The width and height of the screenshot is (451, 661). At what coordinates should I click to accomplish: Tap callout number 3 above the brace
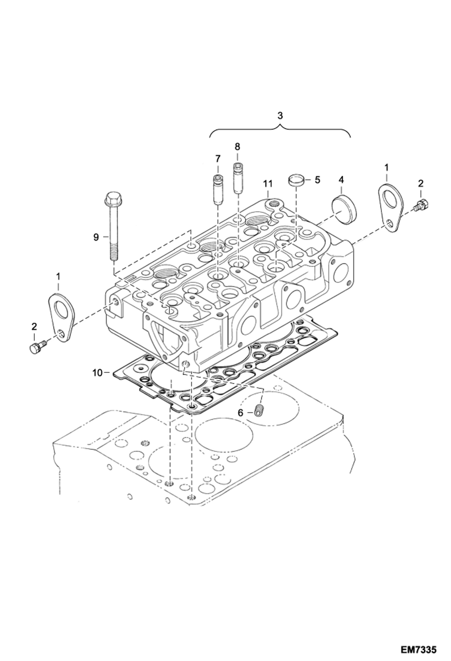click(x=280, y=116)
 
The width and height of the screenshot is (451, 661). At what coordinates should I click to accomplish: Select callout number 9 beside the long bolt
click(x=96, y=237)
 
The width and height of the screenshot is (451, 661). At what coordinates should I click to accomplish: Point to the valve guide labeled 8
click(x=238, y=178)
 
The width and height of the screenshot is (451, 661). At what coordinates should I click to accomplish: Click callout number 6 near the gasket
click(x=240, y=413)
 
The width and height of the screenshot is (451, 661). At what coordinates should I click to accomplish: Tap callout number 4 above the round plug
click(x=341, y=180)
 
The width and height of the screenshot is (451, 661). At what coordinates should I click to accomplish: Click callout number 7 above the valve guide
click(x=218, y=158)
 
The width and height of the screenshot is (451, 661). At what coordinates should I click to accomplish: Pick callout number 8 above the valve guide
click(x=237, y=147)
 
